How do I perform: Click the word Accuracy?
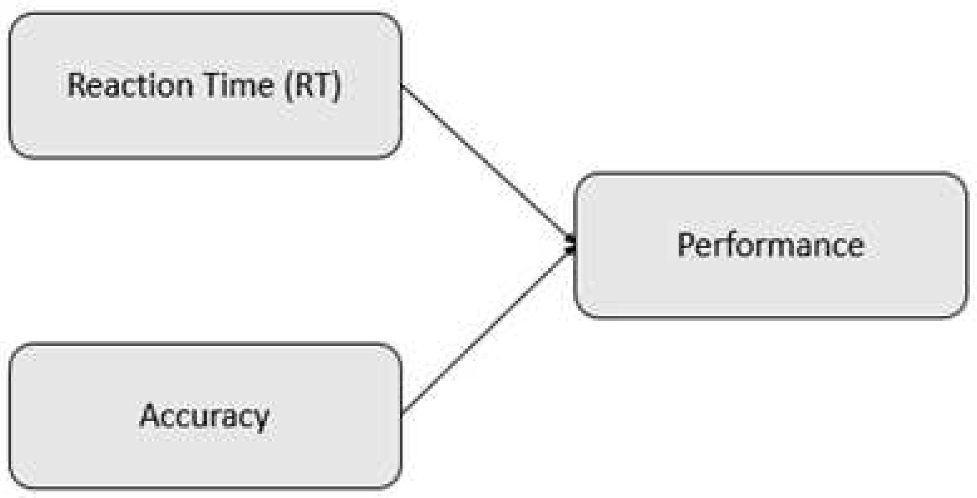pos(204,416)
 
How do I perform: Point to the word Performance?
pos(771,245)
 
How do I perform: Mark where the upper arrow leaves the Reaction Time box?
pos(402,86)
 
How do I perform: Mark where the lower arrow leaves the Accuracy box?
pos(402,412)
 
